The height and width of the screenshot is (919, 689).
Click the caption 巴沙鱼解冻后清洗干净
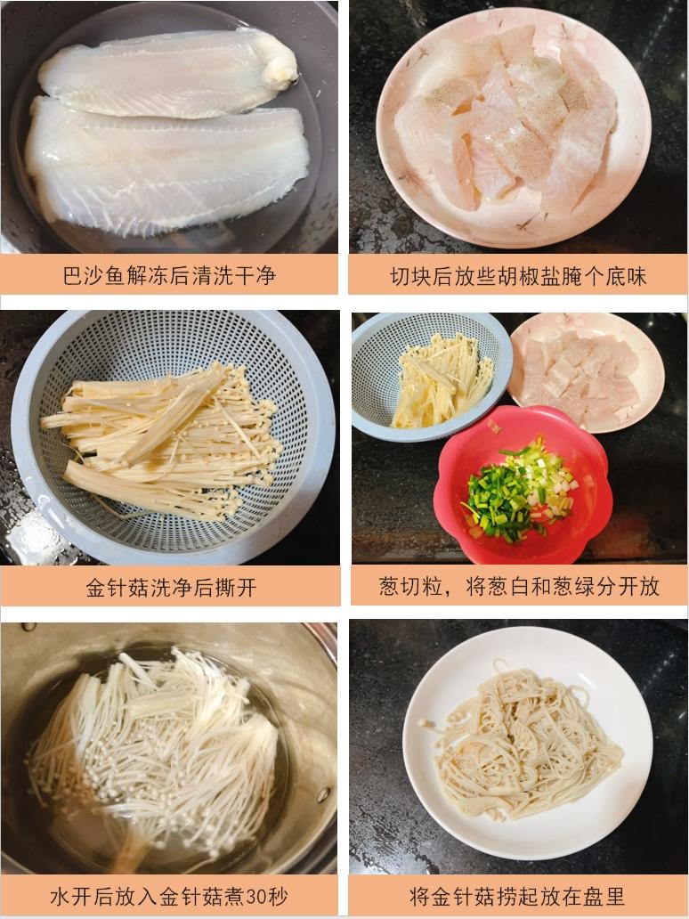pyautogui.click(x=169, y=275)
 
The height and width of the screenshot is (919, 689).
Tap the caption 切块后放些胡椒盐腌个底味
pyautogui.click(x=518, y=276)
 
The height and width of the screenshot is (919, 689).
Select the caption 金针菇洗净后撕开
pyautogui.click(x=171, y=587)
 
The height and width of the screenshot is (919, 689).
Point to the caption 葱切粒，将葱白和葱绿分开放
pyautogui.click(x=519, y=586)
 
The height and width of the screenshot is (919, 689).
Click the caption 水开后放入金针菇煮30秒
pyautogui.click(x=169, y=895)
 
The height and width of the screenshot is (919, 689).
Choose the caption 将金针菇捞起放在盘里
pyautogui.click(x=519, y=895)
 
